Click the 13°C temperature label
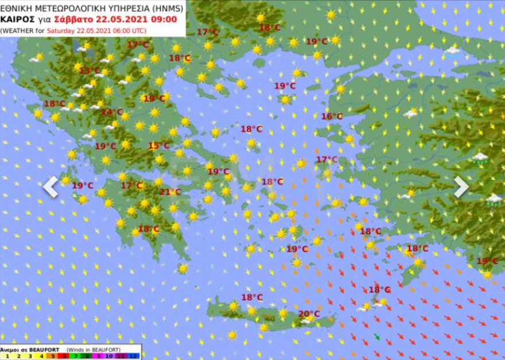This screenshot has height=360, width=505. (x=90, y=71)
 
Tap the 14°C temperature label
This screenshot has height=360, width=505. (x=112, y=112)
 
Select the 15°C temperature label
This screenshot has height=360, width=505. (x=159, y=146)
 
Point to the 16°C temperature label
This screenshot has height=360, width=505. (x=332, y=117)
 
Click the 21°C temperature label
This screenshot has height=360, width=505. (x=170, y=192)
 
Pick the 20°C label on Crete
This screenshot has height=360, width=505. (x=309, y=313)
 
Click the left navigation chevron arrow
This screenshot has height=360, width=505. (x=50, y=187)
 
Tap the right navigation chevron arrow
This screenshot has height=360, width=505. (x=461, y=187)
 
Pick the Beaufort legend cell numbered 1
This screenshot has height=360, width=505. (x=5, y=356)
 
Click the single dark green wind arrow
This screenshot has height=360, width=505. (x=377, y=337)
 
